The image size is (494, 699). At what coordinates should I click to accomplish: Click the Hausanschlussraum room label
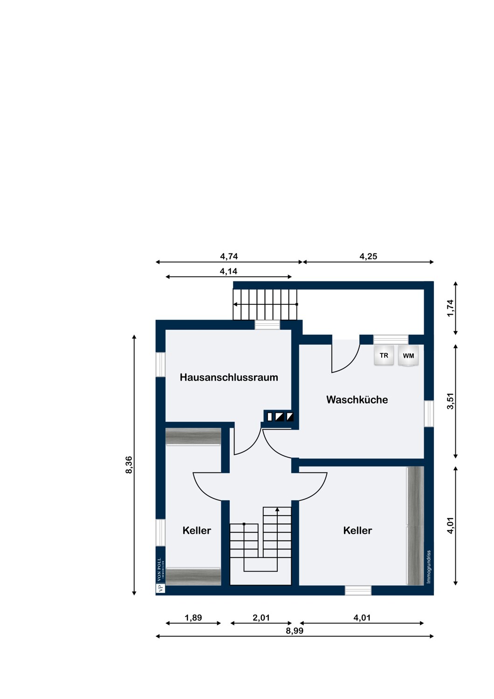click(x=228, y=377)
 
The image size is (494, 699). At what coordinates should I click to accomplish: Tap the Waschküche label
click(x=357, y=399)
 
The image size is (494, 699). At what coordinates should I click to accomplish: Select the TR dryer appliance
click(x=384, y=355)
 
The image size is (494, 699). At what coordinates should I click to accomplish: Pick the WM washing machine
click(x=408, y=355)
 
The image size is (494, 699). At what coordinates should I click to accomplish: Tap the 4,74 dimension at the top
click(x=229, y=256)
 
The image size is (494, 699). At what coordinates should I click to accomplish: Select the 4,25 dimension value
click(x=368, y=256)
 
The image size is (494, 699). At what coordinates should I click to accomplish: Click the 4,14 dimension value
click(x=228, y=271)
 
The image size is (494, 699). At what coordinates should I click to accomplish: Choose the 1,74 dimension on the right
click(x=450, y=308)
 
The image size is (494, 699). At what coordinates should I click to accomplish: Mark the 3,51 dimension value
click(x=450, y=401)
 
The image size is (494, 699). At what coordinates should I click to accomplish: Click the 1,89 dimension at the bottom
click(x=193, y=617)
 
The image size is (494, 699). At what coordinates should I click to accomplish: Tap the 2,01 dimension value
click(x=261, y=617)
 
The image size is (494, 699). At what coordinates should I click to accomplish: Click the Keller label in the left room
click(x=197, y=530)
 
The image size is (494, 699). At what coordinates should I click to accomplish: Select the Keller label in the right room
click(x=357, y=530)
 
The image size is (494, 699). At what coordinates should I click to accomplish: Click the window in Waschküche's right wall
click(x=429, y=413)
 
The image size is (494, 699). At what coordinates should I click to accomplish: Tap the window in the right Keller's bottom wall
click(x=358, y=590)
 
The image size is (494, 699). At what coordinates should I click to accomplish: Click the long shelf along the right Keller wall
click(x=415, y=526)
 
